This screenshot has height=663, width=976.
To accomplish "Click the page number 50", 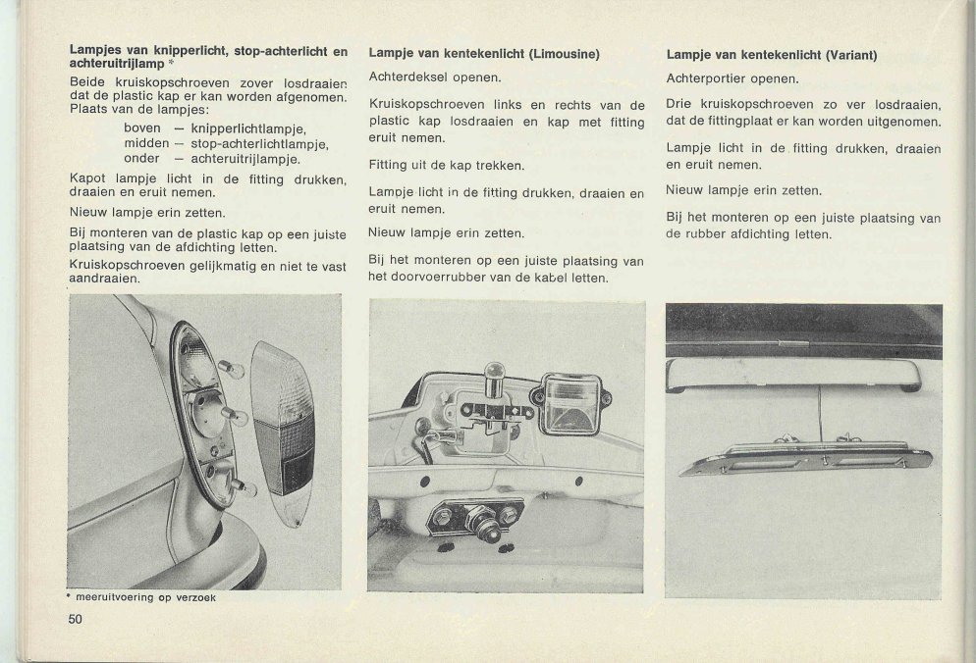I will tap(76, 617).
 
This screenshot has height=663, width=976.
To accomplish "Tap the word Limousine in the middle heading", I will tap(564, 54).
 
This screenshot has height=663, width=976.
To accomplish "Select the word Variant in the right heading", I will tap(851, 55).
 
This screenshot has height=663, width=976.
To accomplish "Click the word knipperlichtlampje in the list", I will tap(249, 127).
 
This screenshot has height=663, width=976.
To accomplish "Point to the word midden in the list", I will tap(147, 143).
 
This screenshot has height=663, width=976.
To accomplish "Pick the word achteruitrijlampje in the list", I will tap(245, 158).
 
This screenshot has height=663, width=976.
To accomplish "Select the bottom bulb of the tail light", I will tap(242, 487).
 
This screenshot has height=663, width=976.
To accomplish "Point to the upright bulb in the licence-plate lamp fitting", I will tap(495, 378).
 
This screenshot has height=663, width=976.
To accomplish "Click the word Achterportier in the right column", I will tap(705, 78).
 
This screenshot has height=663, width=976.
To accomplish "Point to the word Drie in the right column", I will tap(678, 104).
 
